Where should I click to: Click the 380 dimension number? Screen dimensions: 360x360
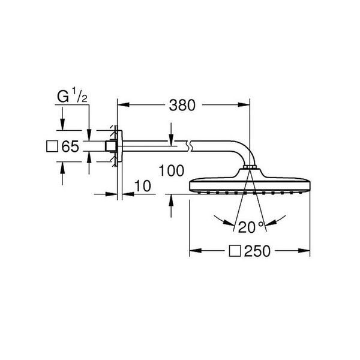[x=182, y=106]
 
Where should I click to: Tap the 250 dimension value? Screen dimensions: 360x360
[x=257, y=251]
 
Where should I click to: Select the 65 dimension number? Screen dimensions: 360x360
[x=70, y=146]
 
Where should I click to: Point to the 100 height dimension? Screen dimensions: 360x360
[x=171, y=170]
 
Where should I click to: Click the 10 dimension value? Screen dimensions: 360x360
[x=143, y=186]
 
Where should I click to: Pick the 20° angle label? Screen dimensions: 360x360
[x=251, y=227]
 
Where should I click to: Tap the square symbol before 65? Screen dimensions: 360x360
[x=52, y=146]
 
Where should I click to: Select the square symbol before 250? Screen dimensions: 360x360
[x=235, y=251]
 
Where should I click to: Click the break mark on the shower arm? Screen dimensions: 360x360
[x=190, y=146]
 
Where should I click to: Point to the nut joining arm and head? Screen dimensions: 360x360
[x=250, y=167]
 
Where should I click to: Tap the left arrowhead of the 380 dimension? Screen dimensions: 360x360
[x=123, y=104]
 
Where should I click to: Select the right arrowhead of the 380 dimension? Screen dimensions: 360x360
[x=244, y=104]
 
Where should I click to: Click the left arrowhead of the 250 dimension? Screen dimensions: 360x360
[x=196, y=251]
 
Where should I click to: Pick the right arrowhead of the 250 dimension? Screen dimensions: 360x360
[x=304, y=251]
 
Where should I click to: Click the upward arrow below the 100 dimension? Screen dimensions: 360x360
[x=171, y=206]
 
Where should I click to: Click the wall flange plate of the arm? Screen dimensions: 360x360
[x=120, y=146]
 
